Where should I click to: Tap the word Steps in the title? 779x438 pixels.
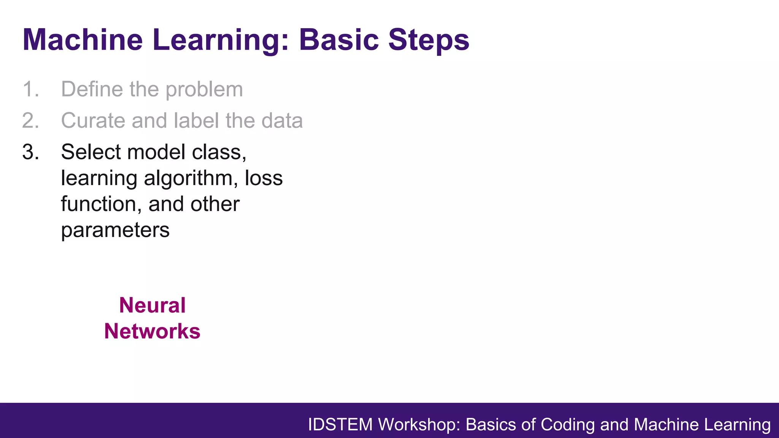pos(429,40)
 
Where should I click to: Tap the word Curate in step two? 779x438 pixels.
pos(93,121)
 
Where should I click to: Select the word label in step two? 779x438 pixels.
pos(196,121)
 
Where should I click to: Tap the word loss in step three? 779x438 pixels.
pos(264,178)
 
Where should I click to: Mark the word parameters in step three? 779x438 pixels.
pos(115,230)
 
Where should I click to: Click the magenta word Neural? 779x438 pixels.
pos(152,305)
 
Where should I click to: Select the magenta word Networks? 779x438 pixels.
pos(152,331)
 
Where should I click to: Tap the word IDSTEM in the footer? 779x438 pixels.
pos(340,425)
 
